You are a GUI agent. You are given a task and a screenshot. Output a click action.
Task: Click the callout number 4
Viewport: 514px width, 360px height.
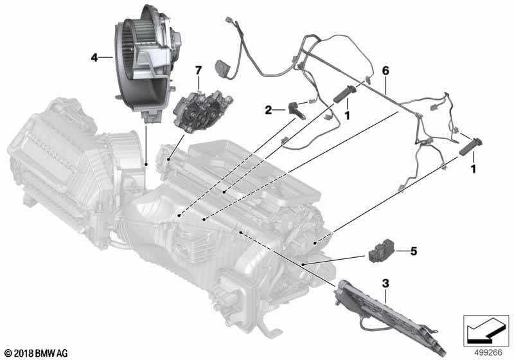pos(94,58)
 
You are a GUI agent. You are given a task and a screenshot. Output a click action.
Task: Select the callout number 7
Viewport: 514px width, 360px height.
pos(199,69)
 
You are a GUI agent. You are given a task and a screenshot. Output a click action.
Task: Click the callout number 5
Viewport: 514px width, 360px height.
pos(414,251)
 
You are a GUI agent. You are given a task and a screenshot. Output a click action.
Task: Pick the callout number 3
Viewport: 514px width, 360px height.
pos(385,282)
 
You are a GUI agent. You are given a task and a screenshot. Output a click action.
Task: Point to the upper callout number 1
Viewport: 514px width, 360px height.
pos(348,115)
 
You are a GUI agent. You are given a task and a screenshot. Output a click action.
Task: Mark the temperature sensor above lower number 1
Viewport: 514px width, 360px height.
pos(472,146)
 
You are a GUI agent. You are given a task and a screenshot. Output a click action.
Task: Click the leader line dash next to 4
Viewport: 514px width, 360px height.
pos(107,58)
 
